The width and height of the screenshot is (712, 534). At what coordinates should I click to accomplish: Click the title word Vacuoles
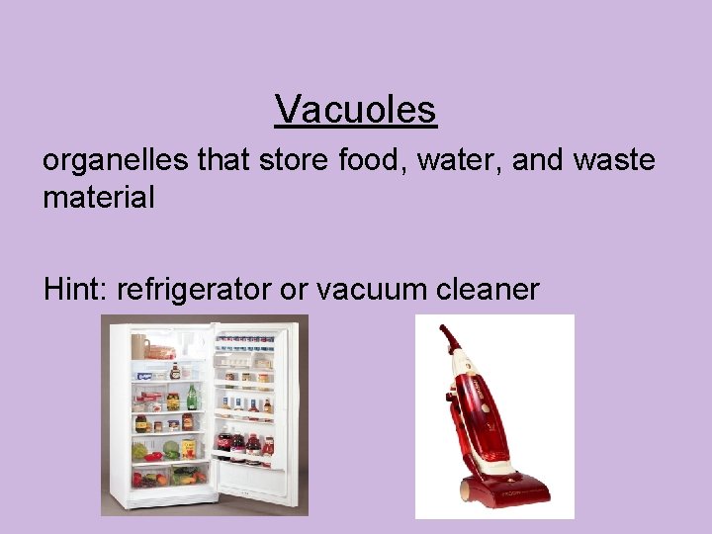(x=356, y=109)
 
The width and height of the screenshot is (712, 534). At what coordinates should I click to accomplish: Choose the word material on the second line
(x=99, y=197)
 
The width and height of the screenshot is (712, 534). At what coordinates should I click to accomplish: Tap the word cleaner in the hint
(x=490, y=289)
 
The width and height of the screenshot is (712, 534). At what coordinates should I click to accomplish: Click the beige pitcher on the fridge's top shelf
(x=140, y=346)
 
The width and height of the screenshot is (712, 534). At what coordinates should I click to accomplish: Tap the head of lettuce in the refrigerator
(x=170, y=449)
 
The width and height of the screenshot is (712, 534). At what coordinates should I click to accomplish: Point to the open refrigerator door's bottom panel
(x=252, y=483)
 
